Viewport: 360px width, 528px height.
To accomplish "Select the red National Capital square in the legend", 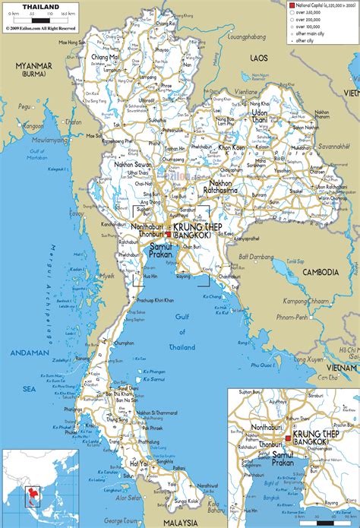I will pos(290,6).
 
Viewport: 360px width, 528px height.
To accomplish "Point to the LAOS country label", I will pos(260,58).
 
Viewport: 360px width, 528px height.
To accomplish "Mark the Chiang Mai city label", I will pos(105,57).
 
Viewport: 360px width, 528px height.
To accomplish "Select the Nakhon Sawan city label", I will pos(133,165).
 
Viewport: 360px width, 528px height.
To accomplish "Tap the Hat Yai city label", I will pos(138,463).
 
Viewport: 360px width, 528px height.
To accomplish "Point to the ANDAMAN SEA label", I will pos(30,359).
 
